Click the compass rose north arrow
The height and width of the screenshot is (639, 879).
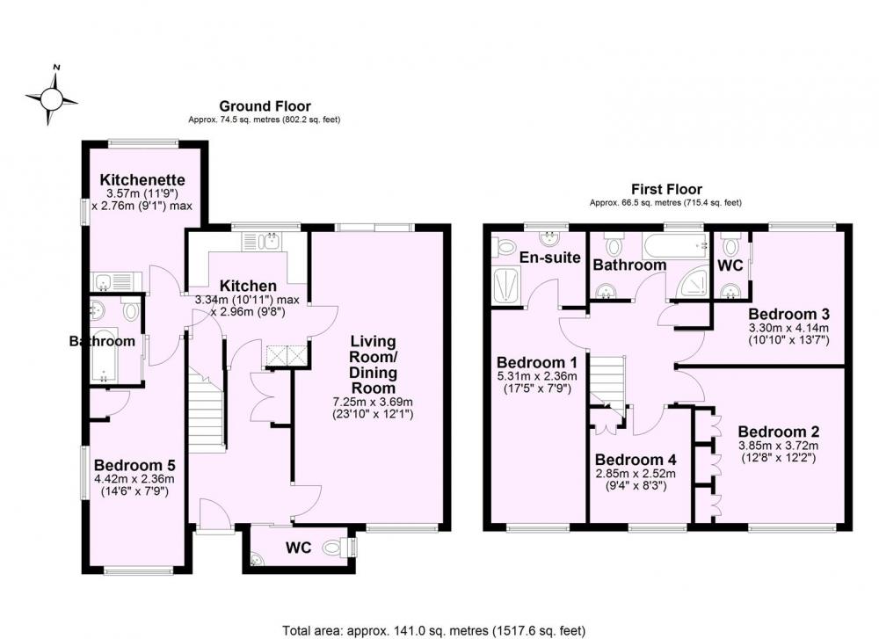54,80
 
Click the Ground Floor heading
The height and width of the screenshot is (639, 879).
265,106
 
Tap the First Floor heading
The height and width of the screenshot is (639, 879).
666,190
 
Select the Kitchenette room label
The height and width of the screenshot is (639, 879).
142,180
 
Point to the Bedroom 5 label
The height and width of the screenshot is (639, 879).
134,465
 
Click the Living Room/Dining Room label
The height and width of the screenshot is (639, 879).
373,365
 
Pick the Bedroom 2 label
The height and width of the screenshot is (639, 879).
779,432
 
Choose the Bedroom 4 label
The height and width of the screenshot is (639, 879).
636,460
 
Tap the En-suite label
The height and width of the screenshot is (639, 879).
550,258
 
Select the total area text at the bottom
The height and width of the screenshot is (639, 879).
434,631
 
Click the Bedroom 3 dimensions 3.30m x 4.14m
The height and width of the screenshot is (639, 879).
788,328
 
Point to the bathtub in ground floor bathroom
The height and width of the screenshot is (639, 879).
105,355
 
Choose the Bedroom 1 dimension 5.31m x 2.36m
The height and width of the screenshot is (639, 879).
537,376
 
